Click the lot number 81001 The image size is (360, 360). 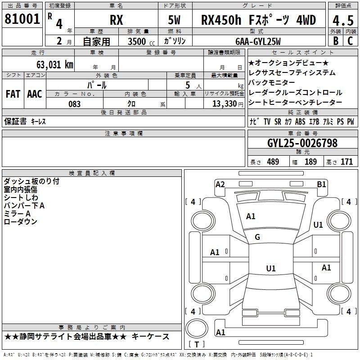click(x=22, y=19)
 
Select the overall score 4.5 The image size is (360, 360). click(x=343, y=20)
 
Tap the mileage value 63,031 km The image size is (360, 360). click(x=55, y=65)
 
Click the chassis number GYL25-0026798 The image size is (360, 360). click(x=302, y=143)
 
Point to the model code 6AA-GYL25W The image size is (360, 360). click(x=258, y=41)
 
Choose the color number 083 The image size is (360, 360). click(x=75, y=104)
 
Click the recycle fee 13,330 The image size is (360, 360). click(x=224, y=104)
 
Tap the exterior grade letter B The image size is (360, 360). click(x=336, y=41)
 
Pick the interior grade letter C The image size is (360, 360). click(x=350, y=41)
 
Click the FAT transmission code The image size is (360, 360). click(x=13, y=94)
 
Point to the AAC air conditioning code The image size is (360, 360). click(x=35, y=94)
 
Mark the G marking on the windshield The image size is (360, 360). click(x=257, y=237)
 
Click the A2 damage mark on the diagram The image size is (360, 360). click(x=220, y=184)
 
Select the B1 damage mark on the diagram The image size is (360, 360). click(x=321, y=184)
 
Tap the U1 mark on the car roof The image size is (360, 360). click(x=271, y=268)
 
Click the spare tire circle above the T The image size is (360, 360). click(x=197, y=328)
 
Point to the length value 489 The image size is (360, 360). click(x=273, y=162)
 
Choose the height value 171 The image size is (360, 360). click(x=346, y=162)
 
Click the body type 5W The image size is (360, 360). click(x=174, y=20)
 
